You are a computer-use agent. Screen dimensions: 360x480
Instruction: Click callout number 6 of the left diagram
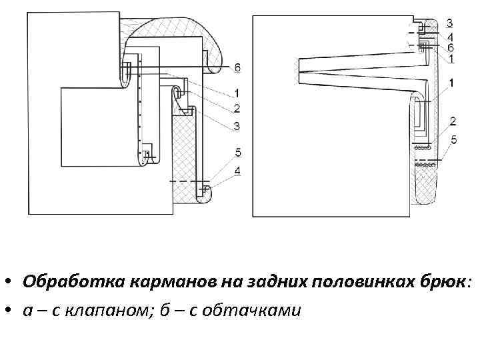point(238,67)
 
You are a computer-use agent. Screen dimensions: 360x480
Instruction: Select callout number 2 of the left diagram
point(237,108)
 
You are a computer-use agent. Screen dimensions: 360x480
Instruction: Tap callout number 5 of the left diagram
point(238,153)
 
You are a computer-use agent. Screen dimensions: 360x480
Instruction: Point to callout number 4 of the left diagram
point(238,172)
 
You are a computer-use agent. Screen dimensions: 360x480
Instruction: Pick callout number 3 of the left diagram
point(237,126)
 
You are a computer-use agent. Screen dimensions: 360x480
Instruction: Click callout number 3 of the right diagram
point(450,24)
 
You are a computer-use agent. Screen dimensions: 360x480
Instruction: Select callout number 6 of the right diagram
point(451,48)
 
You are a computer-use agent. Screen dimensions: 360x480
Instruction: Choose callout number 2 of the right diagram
point(453,121)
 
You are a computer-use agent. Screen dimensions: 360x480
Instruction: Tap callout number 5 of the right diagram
point(453,139)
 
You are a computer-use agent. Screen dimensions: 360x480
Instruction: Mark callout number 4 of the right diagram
point(451,38)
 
